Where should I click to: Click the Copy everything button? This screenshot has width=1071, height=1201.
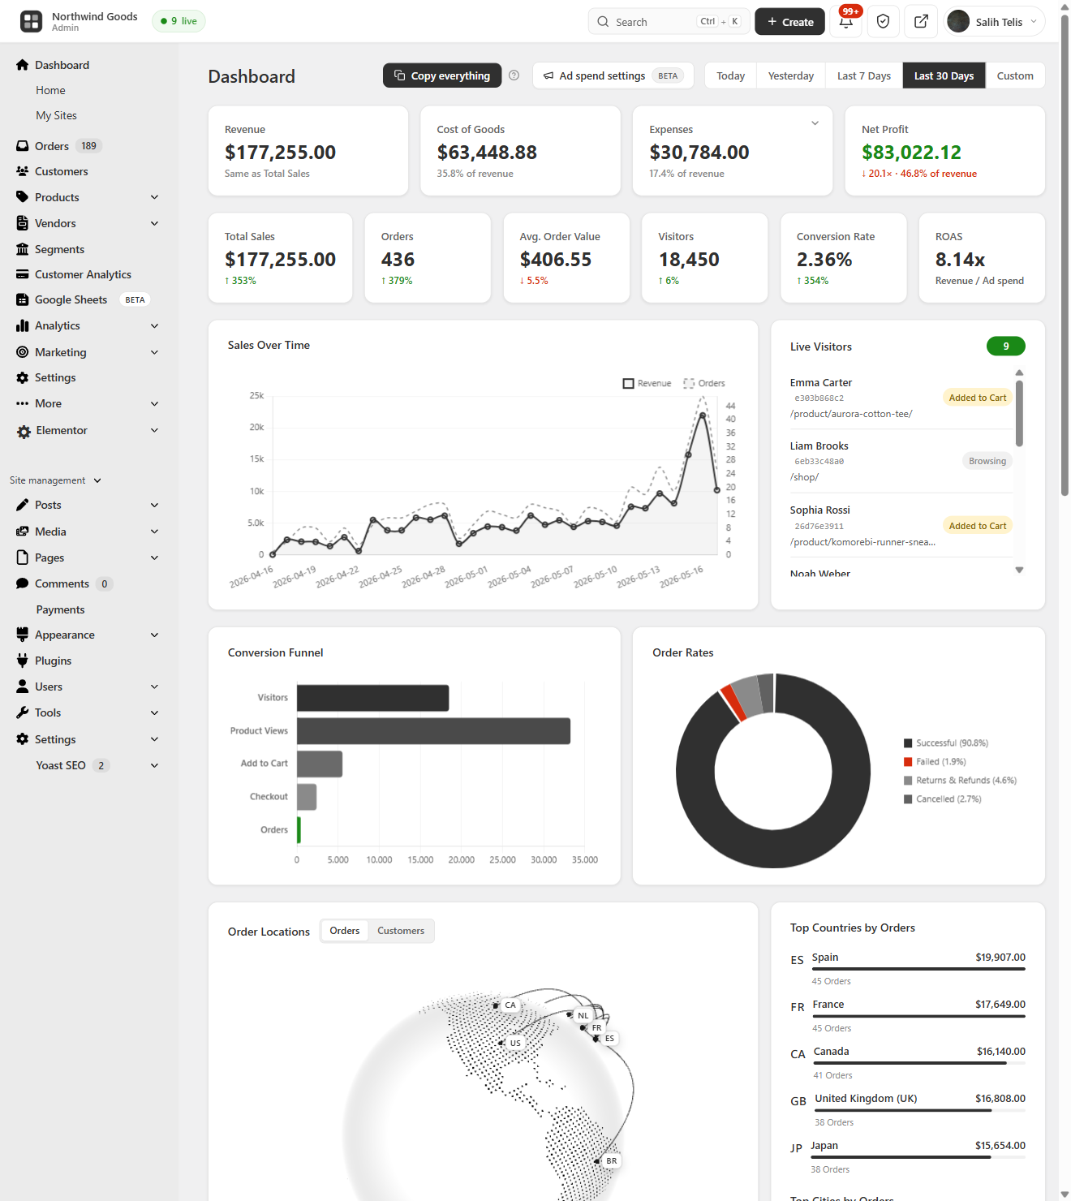(441, 75)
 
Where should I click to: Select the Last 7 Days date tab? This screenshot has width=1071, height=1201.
(863, 75)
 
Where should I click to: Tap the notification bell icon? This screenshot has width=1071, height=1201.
(845, 22)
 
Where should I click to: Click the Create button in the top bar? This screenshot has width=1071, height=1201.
(789, 22)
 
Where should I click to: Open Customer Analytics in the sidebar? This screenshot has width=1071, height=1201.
(83, 274)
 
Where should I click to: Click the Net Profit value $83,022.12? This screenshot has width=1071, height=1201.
(911, 153)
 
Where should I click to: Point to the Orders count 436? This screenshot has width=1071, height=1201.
(398, 260)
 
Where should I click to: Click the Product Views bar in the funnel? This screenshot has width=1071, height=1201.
(433, 730)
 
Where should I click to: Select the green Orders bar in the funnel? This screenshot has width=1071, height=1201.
(299, 829)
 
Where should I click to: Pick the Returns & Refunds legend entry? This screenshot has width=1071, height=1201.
(960, 780)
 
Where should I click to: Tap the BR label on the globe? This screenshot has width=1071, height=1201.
(611, 1160)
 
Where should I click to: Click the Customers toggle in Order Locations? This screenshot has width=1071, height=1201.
(401, 931)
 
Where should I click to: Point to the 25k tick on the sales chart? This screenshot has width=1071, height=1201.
(256, 395)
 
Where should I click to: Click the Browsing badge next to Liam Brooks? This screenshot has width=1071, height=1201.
(987, 461)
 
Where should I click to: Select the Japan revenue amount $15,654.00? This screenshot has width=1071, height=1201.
(1000, 1145)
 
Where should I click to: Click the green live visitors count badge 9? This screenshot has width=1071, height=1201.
(1005, 347)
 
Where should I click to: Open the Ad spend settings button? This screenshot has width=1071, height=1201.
(613, 75)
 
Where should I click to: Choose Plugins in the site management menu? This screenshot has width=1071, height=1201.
(53, 661)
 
